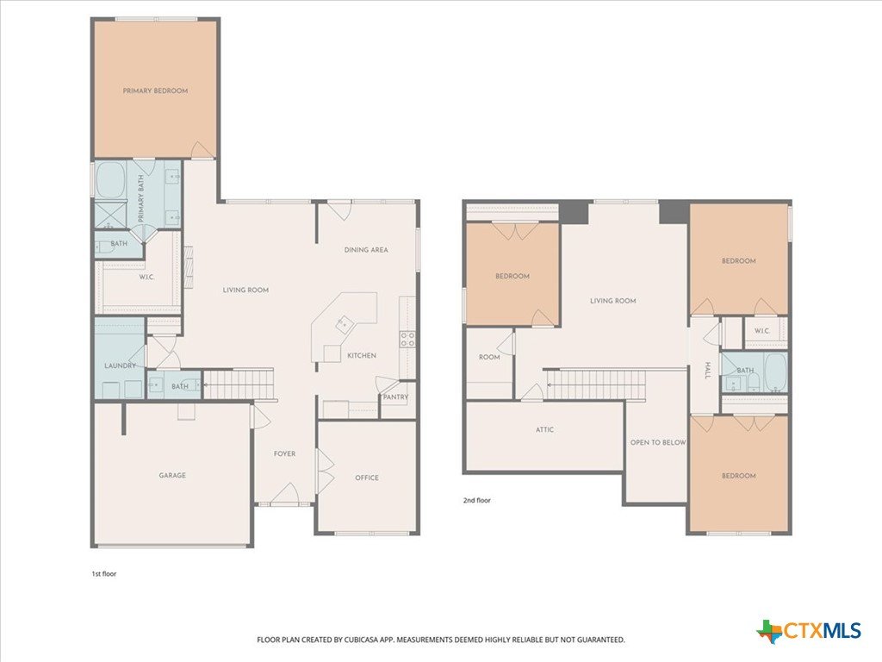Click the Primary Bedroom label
click(x=155, y=91)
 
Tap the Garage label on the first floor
click(x=172, y=475)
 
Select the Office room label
click(x=367, y=478)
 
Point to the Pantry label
click(x=395, y=397)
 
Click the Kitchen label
click(x=362, y=355)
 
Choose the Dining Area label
click(x=366, y=249)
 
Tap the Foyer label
click(x=284, y=453)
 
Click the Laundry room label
click(x=120, y=365)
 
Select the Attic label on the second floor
click(x=544, y=429)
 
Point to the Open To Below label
click(x=658, y=442)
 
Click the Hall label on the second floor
click(x=708, y=371)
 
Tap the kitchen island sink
click(x=344, y=324)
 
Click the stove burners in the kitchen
click(x=407, y=339)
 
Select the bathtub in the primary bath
click(x=110, y=179)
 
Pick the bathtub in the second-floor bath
click(x=776, y=372)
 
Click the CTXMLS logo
click(x=809, y=630)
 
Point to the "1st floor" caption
click(x=104, y=573)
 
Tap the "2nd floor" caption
click(x=477, y=500)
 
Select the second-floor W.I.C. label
click(x=762, y=330)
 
